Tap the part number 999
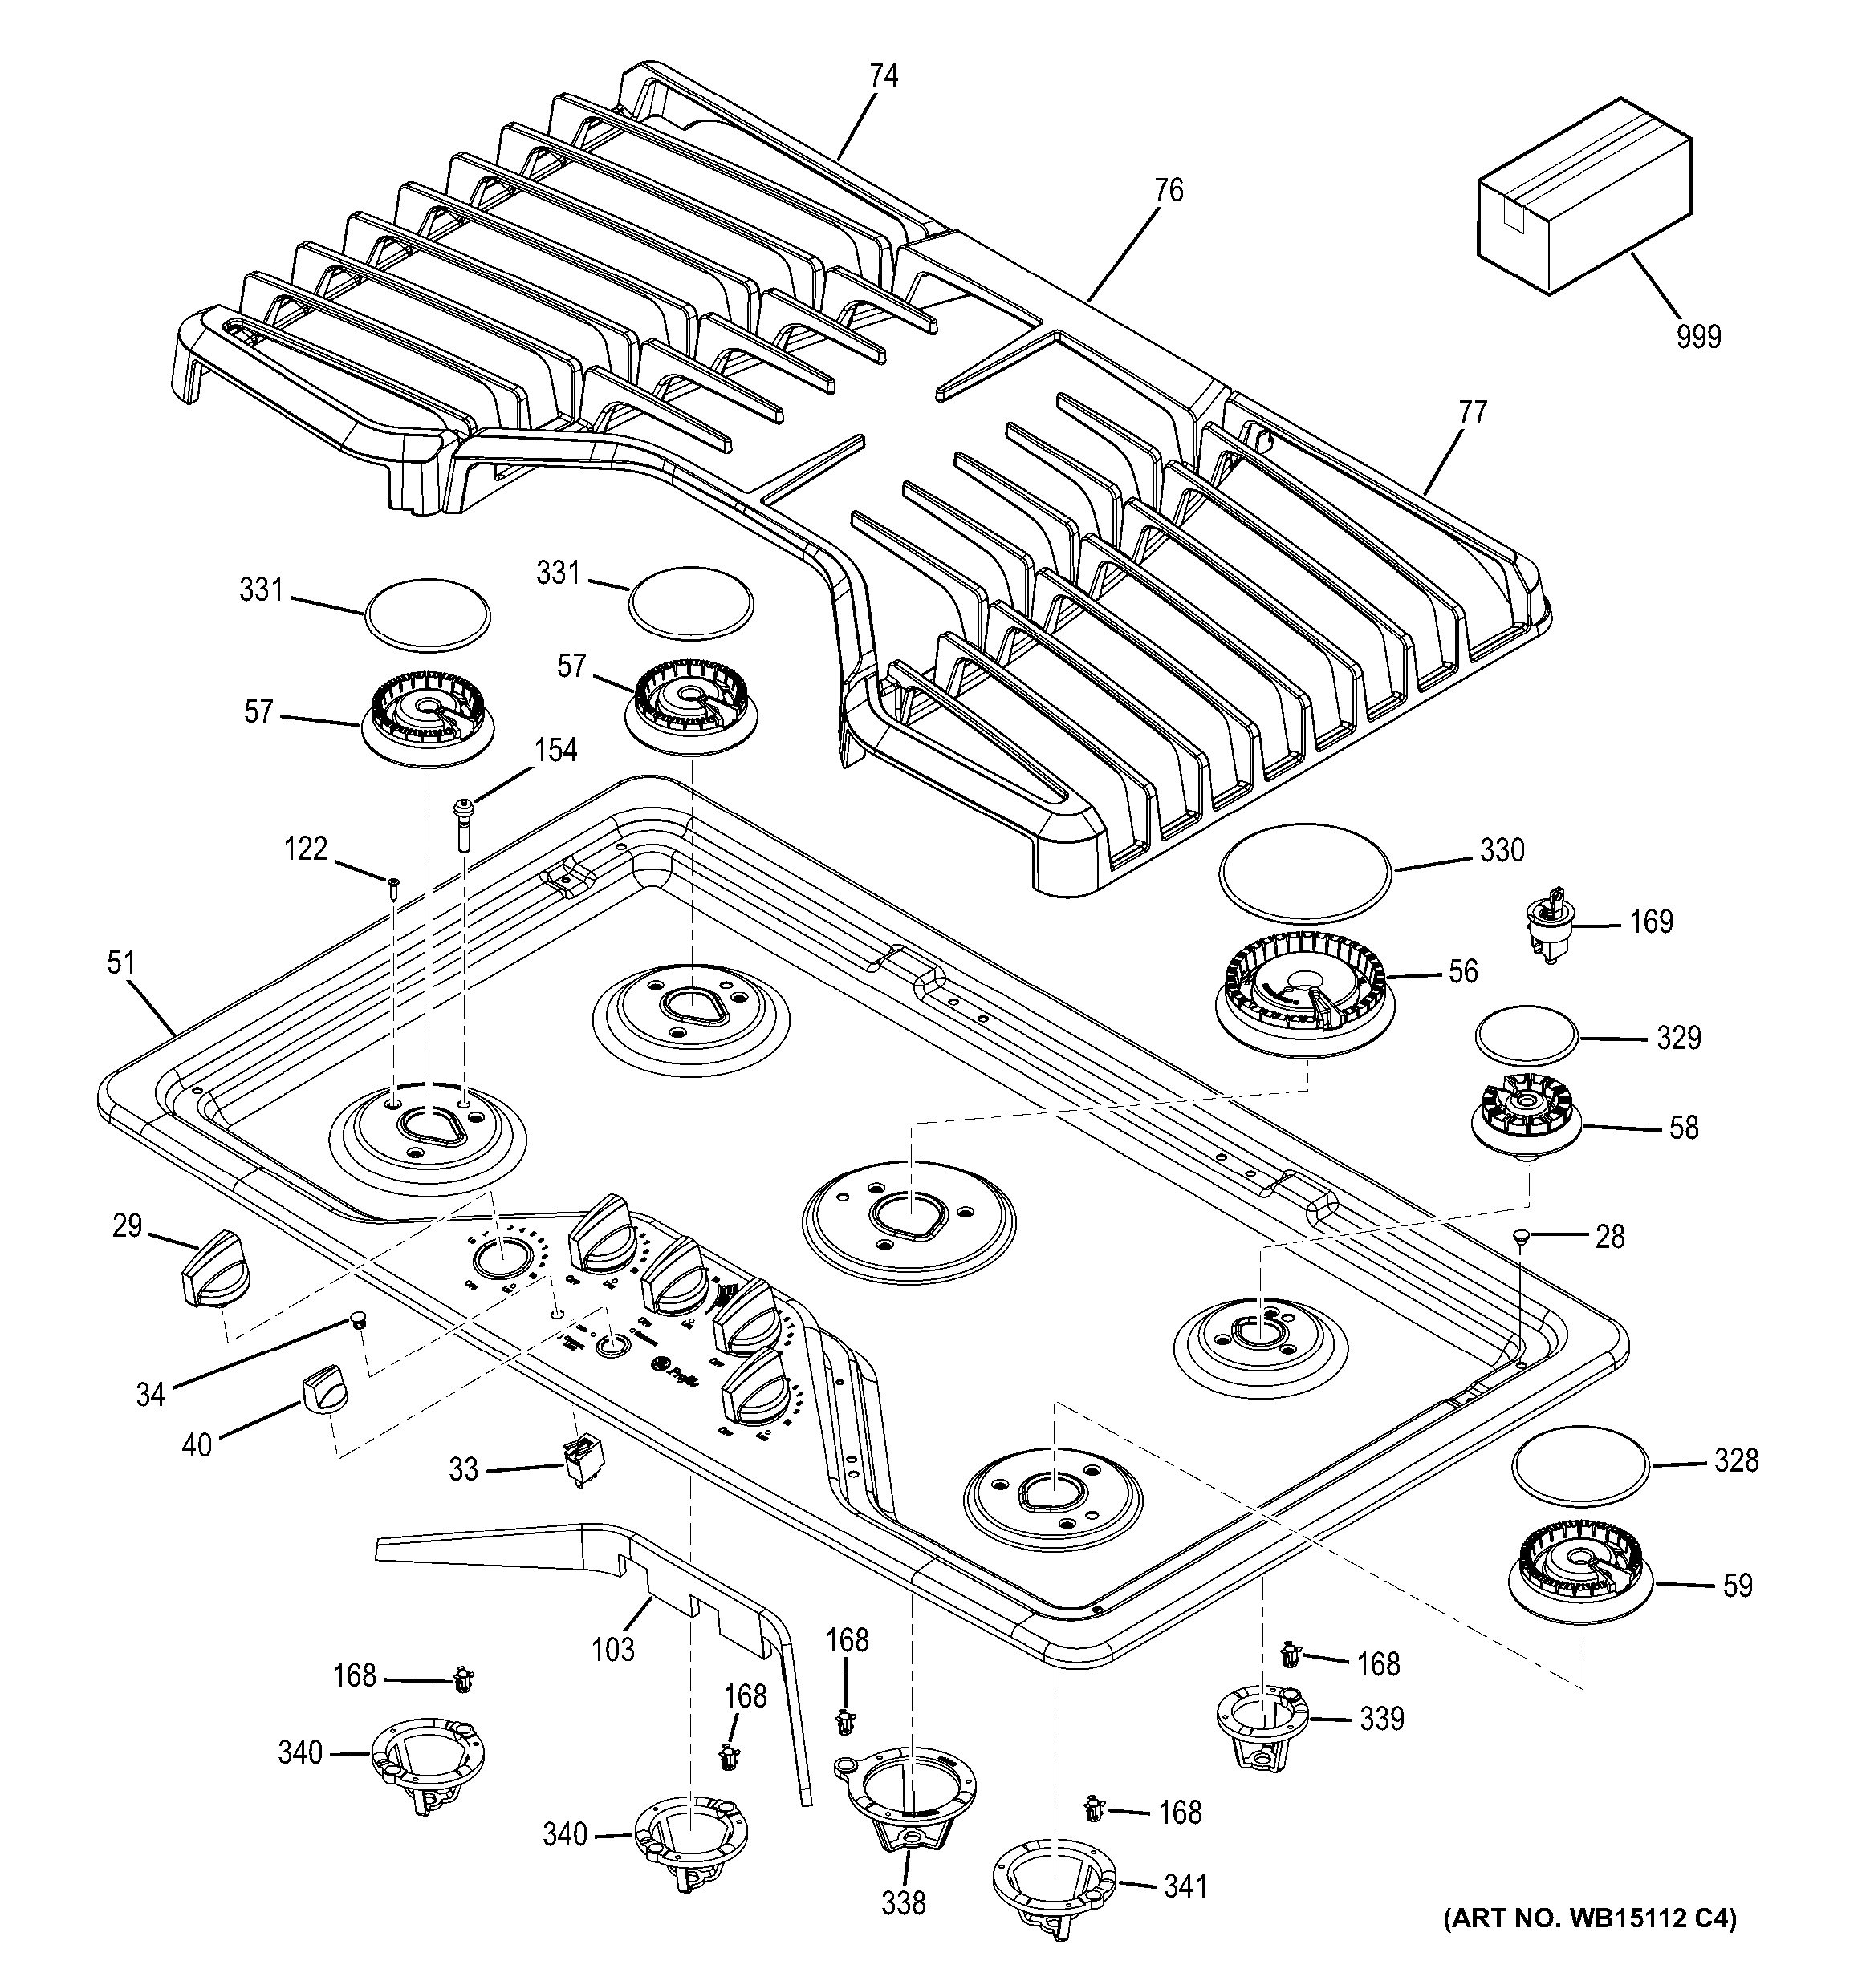click(1698, 338)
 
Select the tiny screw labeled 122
click(393, 885)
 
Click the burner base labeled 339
click(1262, 1724)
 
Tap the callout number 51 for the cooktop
click(121, 962)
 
